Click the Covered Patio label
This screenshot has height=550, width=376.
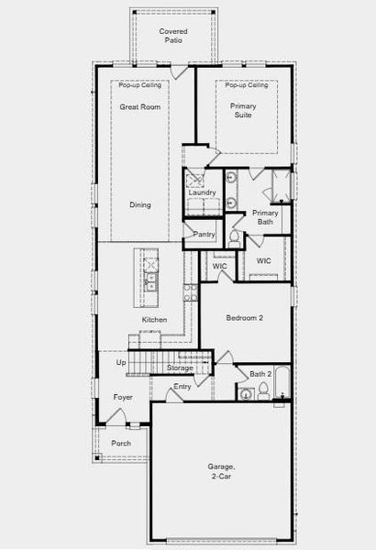[173, 36]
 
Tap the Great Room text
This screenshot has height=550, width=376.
[140, 107]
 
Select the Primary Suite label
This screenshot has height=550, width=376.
[243, 111]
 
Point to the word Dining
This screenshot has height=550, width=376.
[139, 205]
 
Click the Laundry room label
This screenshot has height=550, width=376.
[202, 192]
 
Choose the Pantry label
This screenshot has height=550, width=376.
[204, 235]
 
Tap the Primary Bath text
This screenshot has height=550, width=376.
[265, 217]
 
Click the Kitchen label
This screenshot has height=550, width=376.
[154, 319]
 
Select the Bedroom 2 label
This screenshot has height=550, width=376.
[245, 318]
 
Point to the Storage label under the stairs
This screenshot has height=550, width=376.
[180, 368]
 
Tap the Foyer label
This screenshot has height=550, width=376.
[123, 397]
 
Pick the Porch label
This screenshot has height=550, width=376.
[121, 443]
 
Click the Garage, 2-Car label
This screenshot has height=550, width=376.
[221, 471]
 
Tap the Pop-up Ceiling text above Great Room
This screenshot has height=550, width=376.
[139, 85]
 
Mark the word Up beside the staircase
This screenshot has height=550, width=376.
[120, 363]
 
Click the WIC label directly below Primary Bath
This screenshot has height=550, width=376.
[264, 261]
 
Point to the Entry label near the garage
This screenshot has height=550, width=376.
[183, 387]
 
